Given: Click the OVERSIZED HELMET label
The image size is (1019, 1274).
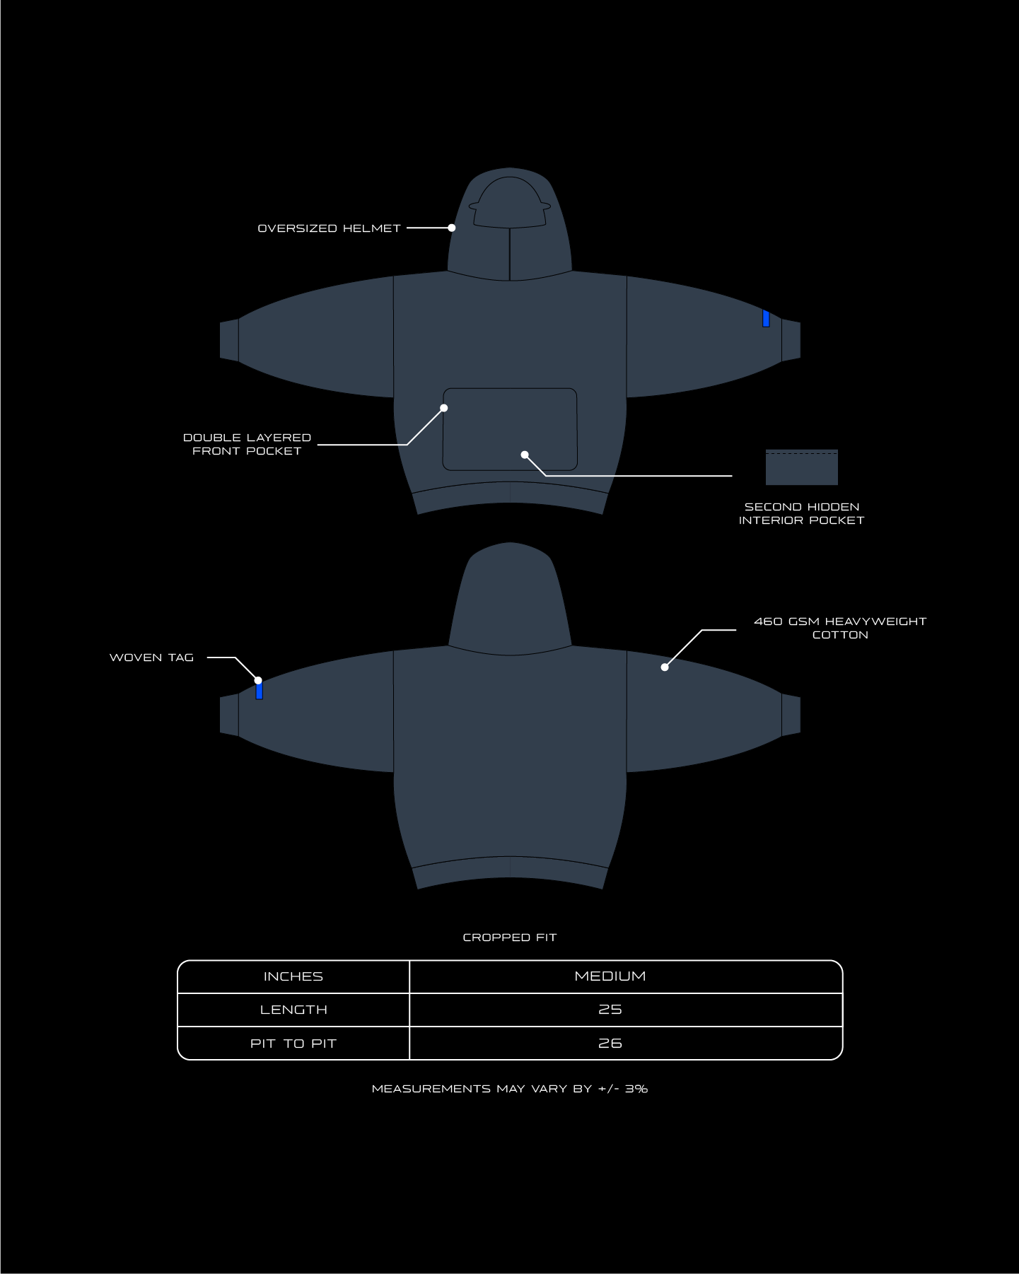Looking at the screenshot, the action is tap(329, 228).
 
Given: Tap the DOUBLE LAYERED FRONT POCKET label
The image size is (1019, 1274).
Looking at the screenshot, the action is tap(247, 444).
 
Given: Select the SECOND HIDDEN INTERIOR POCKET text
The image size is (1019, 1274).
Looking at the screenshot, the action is tap(801, 513).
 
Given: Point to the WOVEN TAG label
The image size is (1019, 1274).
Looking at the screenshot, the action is tap(151, 658).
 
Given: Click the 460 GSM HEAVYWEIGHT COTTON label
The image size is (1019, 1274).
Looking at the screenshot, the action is tap(840, 628).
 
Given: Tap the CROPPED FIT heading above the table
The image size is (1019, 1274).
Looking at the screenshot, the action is tap(510, 937).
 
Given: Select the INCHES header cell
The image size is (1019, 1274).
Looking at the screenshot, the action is tap(293, 976).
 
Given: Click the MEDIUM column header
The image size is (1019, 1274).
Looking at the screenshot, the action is tap(610, 976).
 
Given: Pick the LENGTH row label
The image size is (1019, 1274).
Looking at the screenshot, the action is tap(293, 1010).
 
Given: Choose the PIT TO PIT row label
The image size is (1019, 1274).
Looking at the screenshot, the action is tap(293, 1044).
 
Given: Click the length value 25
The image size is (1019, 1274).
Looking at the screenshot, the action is tap(610, 1010).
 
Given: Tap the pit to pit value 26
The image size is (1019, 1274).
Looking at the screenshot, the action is tap(610, 1044).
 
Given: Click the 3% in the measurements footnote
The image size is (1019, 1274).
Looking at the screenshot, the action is tap(636, 1089).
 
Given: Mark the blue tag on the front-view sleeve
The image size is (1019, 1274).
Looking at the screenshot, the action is tap(766, 318).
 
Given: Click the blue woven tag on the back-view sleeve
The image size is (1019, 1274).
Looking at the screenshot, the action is tap(259, 691).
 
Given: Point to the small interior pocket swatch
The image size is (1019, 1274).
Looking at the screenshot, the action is tap(802, 467).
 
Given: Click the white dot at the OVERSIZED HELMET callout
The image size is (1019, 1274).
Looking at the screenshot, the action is tap(452, 228).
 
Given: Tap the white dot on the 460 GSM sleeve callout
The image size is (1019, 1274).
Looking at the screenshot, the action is tap(665, 667).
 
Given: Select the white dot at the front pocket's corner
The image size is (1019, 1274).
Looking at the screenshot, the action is tap(444, 408).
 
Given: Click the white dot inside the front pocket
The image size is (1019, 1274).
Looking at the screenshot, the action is tap(525, 455).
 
